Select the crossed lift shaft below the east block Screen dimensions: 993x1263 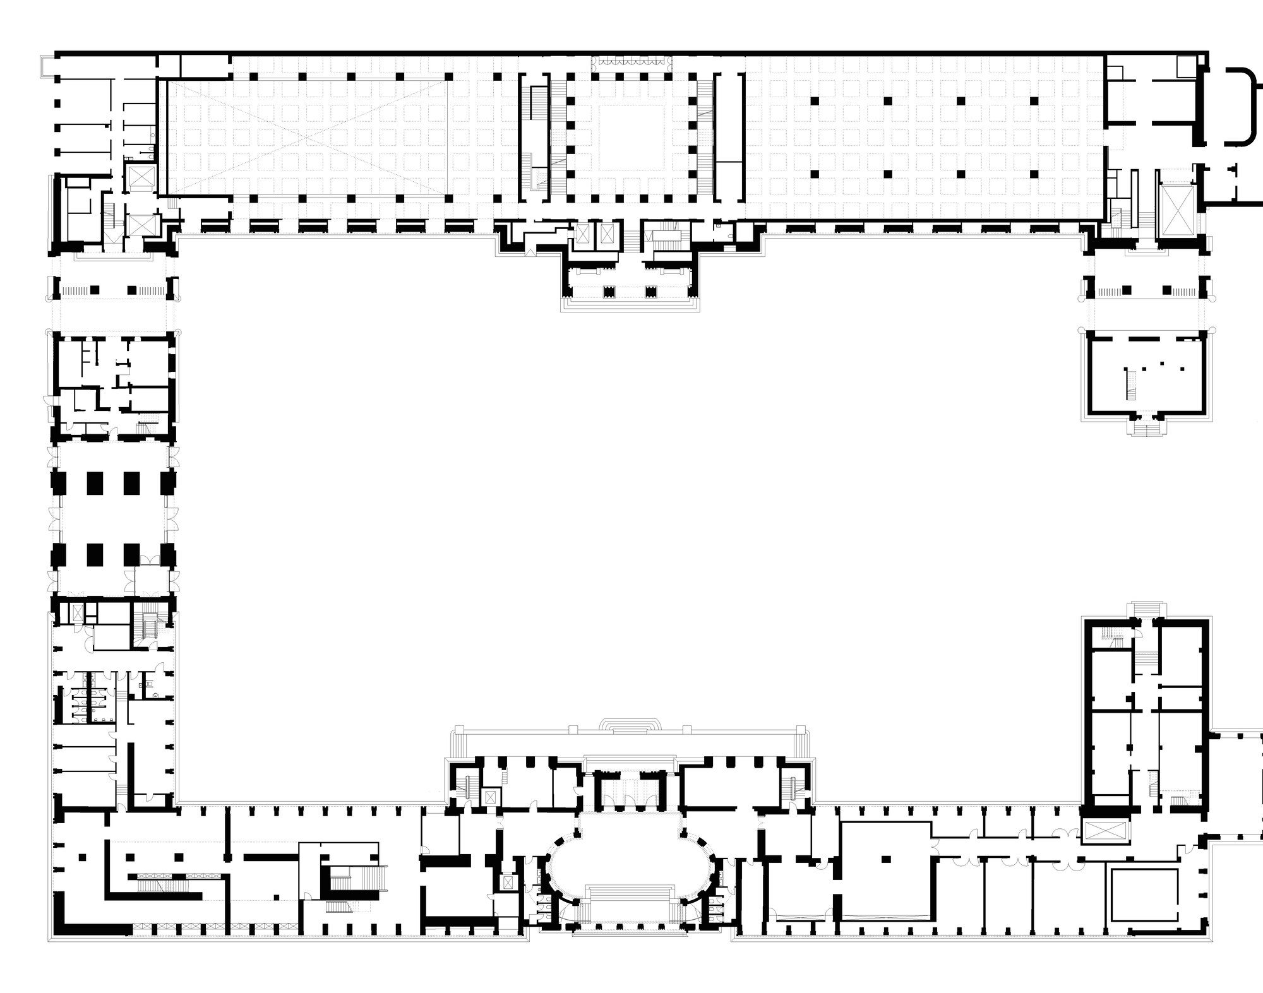pos(1104,833)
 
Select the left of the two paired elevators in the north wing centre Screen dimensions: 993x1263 pos(583,234)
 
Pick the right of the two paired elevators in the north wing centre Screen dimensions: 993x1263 pos(607,234)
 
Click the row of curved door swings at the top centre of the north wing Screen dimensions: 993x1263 pos(631,61)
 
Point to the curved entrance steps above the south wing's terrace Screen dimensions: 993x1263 pos(631,725)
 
